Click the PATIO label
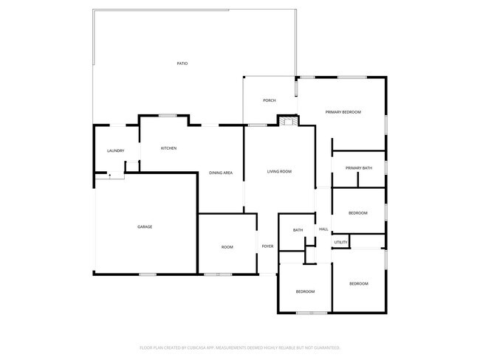[182, 63]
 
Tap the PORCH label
[270, 100]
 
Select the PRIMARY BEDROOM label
[343, 111]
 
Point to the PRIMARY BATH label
[359, 168]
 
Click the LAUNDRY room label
[115, 151]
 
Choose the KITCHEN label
[168, 148]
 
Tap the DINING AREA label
[221, 173]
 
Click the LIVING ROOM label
[279, 171]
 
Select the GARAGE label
[145, 226]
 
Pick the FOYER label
[267, 246]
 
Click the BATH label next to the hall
[298, 230]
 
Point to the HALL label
[323, 229]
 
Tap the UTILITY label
[340, 242]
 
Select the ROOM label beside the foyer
[227, 246]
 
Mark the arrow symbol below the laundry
[109, 176]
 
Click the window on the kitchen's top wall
[168, 114]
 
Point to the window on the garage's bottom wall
[148, 274]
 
